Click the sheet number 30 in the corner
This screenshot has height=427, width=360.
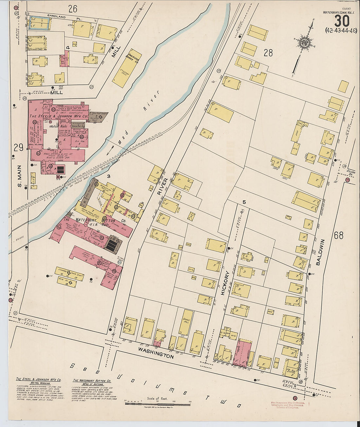tap(342, 21)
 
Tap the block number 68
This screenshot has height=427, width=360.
tap(339, 235)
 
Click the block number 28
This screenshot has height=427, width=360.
tap(268, 53)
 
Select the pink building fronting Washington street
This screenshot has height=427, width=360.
tap(243, 353)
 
